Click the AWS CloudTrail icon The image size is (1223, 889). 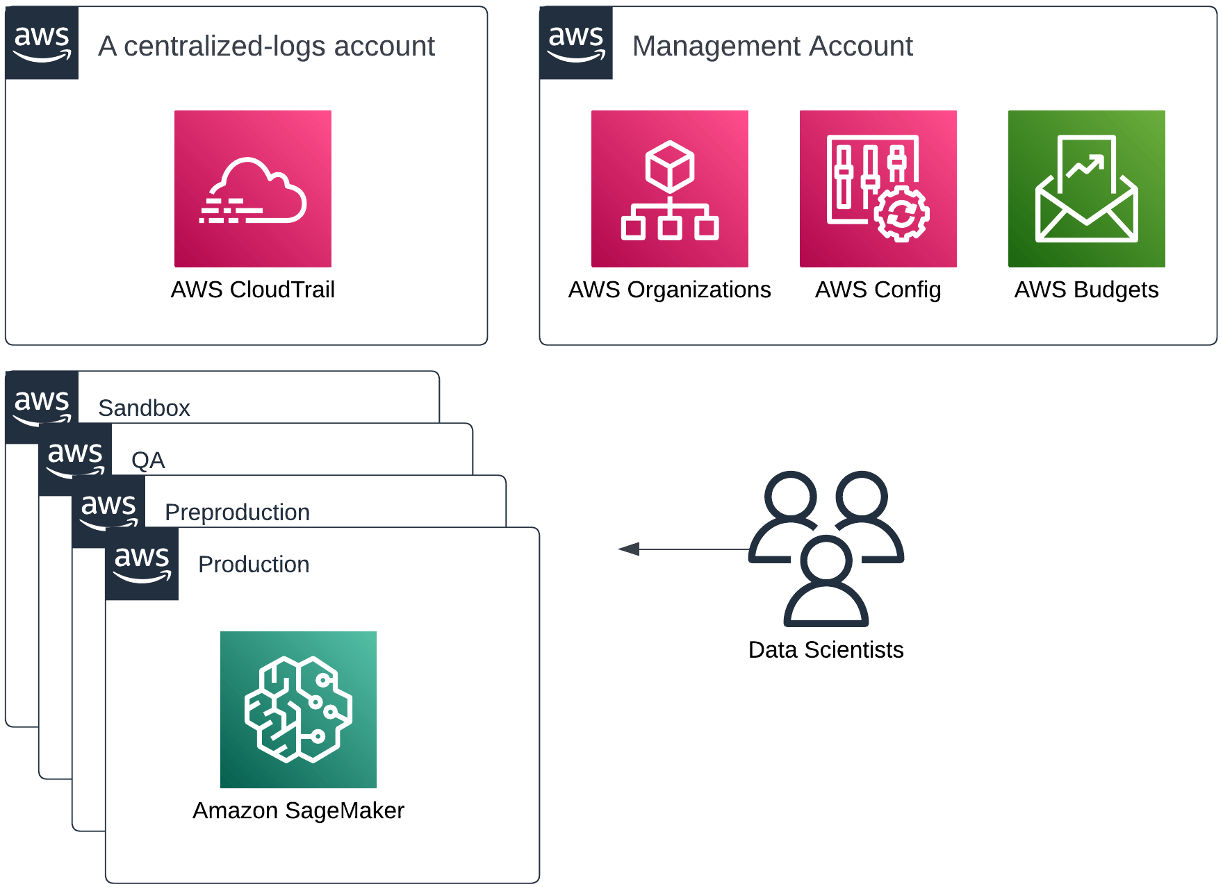[252, 188]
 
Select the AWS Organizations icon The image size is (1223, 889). [669, 188]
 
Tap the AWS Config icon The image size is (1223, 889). [878, 188]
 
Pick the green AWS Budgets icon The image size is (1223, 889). [1086, 188]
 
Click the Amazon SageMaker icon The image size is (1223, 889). [298, 709]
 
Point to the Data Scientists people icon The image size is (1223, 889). [826, 548]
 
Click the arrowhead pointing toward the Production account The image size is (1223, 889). [628, 549]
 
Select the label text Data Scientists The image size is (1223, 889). [826, 650]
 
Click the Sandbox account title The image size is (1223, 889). [144, 408]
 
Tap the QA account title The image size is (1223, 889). [148, 460]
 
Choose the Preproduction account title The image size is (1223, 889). [237, 512]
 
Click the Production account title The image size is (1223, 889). [254, 564]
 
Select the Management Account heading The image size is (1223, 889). [772, 46]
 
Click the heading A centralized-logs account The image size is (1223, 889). [266, 46]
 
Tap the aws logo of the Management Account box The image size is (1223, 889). [576, 43]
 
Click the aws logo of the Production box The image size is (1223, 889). [142, 563]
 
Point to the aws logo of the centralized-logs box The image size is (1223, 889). [42, 43]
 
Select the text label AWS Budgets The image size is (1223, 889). [1086, 290]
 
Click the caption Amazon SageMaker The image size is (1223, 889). [298, 811]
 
